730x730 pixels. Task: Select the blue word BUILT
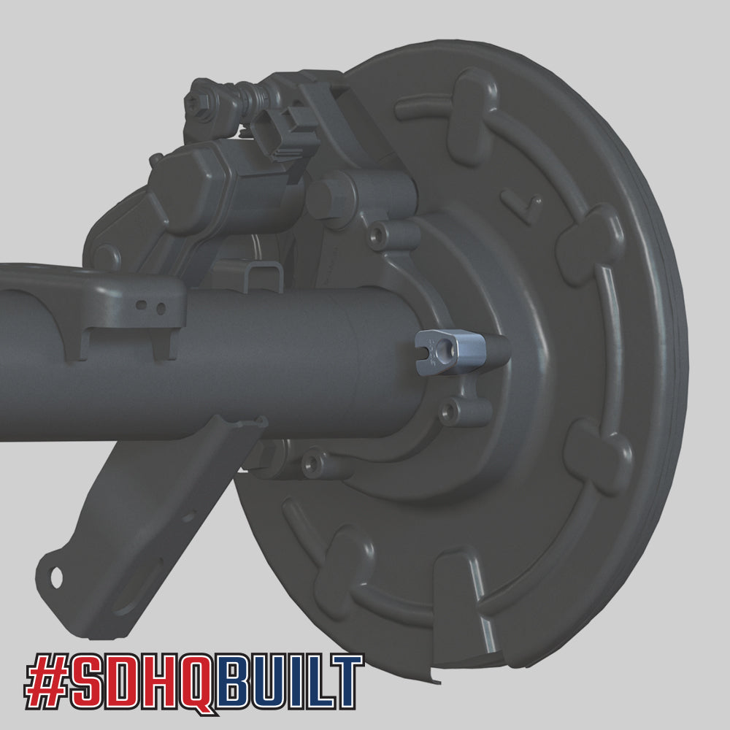[x=290, y=680]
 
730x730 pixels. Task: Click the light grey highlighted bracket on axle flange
[x=448, y=352]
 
